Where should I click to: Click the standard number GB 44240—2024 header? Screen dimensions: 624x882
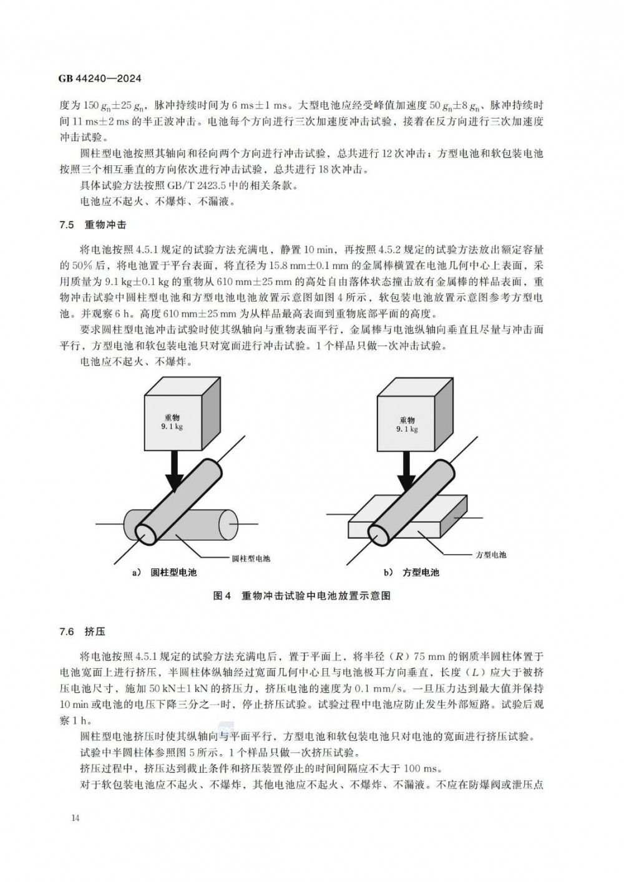100,79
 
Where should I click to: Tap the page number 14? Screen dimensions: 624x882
76,818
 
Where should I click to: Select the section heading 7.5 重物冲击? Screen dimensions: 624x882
93,225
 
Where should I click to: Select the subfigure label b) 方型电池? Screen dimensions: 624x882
412,573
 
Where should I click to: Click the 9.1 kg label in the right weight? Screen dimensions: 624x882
407,429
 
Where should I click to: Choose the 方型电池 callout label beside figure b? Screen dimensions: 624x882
490,555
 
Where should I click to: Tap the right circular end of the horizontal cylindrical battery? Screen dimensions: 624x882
229,525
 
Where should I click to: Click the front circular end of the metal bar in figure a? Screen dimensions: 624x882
146,535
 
